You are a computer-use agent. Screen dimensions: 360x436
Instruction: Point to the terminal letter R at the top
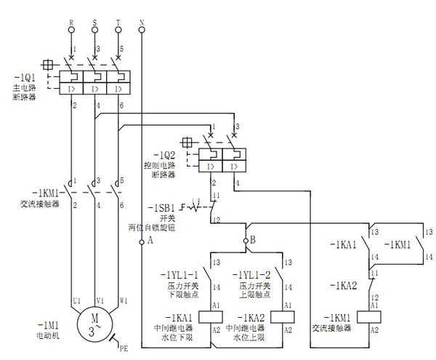[71, 23]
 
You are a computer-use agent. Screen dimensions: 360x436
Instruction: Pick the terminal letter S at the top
[94, 23]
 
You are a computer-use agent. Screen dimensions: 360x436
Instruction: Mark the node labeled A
[150, 239]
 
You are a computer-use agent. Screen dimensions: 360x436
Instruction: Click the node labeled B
[252, 239]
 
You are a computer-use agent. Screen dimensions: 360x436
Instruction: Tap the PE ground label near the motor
[124, 350]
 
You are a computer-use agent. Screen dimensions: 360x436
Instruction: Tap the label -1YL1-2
[251, 276]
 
